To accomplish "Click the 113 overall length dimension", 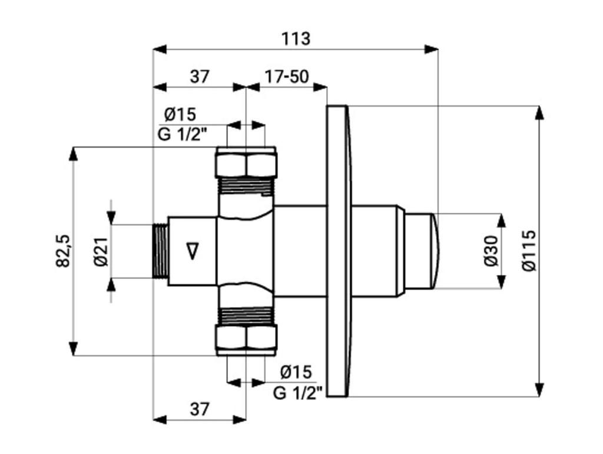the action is [x=296, y=39].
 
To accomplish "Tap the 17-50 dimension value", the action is [x=287, y=77].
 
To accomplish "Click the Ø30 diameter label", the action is [x=492, y=251].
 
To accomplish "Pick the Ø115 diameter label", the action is [x=530, y=251].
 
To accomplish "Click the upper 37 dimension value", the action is [x=200, y=77].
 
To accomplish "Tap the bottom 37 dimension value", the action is [x=200, y=410].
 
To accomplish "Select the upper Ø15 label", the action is [x=180, y=114].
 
